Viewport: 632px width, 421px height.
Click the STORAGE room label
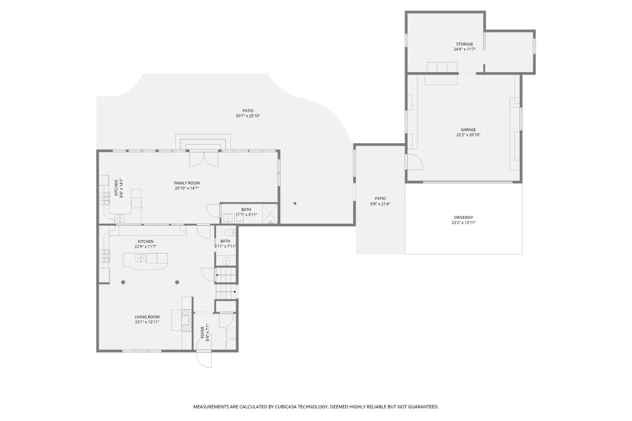point(464,44)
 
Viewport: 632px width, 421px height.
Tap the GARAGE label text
point(468,130)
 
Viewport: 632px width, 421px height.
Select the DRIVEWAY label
point(463,217)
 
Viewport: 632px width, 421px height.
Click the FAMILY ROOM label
point(187,183)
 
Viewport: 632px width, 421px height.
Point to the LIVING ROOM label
point(147,317)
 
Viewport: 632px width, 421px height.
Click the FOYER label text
point(202,333)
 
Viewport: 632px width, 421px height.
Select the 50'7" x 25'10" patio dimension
point(248,116)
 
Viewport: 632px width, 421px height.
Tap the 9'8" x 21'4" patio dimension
point(380,204)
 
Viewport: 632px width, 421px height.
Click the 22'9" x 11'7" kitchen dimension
point(146,246)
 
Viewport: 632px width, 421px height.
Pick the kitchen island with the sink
point(145,261)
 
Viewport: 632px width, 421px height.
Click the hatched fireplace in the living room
point(186,320)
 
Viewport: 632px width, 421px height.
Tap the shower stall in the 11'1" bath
point(270,214)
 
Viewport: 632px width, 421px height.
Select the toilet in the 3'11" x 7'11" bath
point(230,232)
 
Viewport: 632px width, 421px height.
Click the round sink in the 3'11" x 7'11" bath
point(226,261)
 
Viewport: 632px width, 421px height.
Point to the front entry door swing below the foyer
point(204,359)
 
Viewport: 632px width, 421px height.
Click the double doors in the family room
point(204,159)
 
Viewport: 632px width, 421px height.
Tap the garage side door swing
point(415,162)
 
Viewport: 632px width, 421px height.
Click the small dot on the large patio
point(295,203)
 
